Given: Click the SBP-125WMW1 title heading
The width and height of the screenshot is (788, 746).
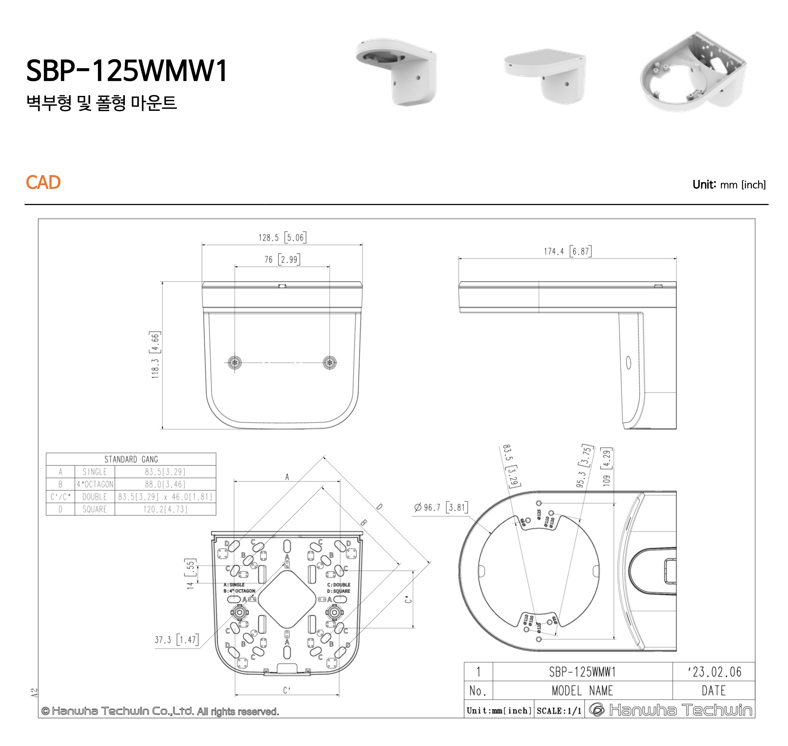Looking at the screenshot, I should pyautogui.click(x=127, y=71).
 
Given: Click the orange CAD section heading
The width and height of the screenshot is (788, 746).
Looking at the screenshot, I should pyautogui.click(x=43, y=182).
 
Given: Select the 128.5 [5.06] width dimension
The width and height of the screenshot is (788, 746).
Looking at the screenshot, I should pyautogui.click(x=282, y=237).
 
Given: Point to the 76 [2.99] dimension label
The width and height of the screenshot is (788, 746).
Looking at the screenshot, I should pyautogui.click(x=282, y=259).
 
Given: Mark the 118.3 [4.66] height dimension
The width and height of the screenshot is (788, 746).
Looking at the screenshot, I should pyautogui.click(x=155, y=354).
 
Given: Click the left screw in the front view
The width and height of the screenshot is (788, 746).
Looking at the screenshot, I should pyautogui.click(x=235, y=363).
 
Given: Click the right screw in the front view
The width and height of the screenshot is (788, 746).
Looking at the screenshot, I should pyautogui.click(x=330, y=363).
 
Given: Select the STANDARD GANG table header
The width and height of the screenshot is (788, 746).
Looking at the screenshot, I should pyautogui.click(x=131, y=459).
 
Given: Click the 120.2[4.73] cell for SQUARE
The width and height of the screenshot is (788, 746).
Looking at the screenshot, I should pyautogui.click(x=165, y=509).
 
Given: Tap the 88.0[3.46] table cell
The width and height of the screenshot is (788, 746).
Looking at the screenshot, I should pyautogui.click(x=165, y=484).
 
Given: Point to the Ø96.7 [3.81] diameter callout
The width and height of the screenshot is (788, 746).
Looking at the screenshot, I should pyautogui.click(x=440, y=507).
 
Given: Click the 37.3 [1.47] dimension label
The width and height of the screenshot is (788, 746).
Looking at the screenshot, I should pyautogui.click(x=176, y=640).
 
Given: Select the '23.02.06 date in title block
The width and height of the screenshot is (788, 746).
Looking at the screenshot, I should pyautogui.click(x=714, y=672).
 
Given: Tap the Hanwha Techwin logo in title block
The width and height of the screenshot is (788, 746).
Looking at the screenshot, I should pyautogui.click(x=670, y=710).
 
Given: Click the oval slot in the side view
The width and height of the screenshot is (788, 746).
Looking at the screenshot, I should pyautogui.click(x=628, y=363).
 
